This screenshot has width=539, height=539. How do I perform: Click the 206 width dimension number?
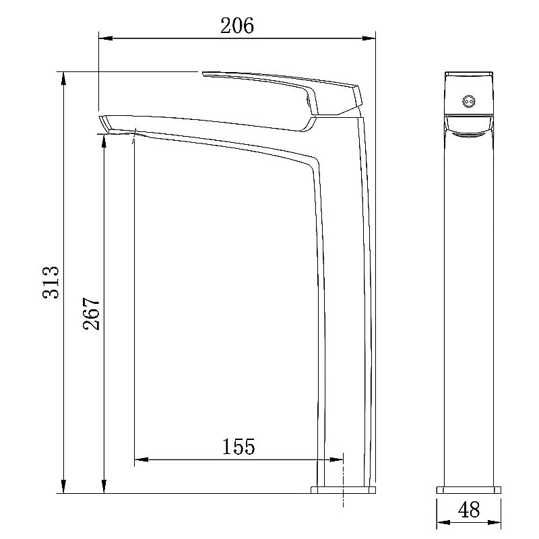[x=237, y=26]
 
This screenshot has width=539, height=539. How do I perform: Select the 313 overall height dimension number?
[x=51, y=282]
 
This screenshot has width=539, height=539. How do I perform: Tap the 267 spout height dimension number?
[x=92, y=313]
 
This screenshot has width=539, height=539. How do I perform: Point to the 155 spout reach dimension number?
[x=239, y=446]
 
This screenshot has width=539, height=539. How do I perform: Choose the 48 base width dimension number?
[x=469, y=510]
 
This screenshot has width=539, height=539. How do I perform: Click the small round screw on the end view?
[x=469, y=101]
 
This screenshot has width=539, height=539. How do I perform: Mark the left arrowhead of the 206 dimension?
[x=106, y=38]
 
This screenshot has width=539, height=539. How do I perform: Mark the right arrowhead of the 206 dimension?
[x=368, y=38]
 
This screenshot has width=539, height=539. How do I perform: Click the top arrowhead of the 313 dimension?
[x=63, y=79]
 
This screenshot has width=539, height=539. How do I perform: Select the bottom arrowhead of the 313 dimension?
[x=63, y=486]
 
